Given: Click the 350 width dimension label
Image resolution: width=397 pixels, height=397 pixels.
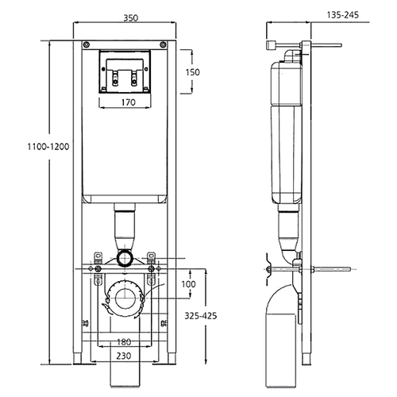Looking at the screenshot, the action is coord(131,17).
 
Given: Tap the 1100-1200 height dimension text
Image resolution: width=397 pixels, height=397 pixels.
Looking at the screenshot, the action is coord(48,146).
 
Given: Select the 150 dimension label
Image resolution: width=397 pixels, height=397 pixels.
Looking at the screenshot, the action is coord(192,72).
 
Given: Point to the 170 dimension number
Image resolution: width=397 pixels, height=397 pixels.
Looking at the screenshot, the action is coord(129,102).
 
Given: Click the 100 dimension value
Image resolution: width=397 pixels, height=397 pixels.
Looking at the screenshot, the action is coord(188,284).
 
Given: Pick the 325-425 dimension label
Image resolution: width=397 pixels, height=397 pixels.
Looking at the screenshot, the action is coord(200,315).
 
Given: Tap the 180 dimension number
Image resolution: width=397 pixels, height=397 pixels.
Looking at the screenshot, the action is coord(124,342).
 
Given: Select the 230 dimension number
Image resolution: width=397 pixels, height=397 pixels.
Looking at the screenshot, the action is coord(124,356).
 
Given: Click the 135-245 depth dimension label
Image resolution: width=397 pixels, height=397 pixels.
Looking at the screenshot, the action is coord(343,15).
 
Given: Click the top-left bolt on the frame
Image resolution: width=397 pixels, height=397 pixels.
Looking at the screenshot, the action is coord(87,44).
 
